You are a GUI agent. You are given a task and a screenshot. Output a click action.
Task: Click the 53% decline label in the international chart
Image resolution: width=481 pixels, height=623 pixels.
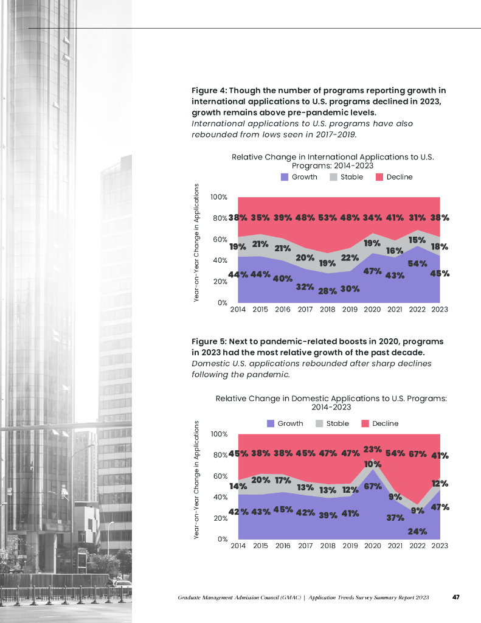point(328,218)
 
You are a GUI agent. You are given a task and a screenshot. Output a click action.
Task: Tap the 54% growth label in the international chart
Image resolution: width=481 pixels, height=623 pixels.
point(417,263)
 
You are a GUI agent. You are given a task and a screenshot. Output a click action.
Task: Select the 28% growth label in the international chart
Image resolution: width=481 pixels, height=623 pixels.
point(327,291)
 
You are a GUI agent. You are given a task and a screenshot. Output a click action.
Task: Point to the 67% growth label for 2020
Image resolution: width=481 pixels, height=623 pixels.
point(372,487)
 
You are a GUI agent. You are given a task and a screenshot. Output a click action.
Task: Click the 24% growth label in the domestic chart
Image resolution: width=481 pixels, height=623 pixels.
point(417,531)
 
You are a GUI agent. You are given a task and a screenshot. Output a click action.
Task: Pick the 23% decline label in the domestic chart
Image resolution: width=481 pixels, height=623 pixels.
point(372,450)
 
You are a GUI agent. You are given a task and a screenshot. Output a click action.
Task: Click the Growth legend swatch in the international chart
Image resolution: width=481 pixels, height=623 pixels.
point(285,177)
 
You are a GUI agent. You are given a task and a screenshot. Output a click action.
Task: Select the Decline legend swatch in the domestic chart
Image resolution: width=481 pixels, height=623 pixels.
point(365,423)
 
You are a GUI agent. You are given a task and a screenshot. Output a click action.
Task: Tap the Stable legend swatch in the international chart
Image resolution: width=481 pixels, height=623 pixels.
point(334,177)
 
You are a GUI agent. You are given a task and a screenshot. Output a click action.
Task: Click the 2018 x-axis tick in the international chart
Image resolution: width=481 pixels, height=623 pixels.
point(327,310)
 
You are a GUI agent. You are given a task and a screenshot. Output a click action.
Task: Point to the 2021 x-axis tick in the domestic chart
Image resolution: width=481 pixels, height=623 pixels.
point(395,546)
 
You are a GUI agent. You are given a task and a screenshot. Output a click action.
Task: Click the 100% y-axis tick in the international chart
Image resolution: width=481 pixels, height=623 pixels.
point(219,197)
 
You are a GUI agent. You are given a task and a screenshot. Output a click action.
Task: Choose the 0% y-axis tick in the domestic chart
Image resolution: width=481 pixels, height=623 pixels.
point(223,539)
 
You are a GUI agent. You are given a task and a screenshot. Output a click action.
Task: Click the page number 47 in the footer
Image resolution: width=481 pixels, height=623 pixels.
point(455,598)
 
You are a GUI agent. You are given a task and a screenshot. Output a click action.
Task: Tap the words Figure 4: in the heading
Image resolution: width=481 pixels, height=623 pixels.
point(209,91)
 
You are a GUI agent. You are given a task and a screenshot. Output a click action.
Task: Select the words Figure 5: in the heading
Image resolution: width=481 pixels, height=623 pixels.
point(209,341)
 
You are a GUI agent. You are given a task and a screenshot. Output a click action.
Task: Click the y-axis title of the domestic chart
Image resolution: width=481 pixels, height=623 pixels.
point(198,482)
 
